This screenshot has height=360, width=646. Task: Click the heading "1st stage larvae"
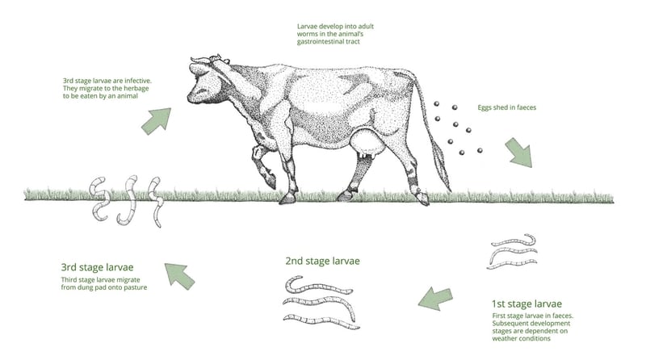(532, 304)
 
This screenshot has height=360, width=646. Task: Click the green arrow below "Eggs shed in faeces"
(518, 150)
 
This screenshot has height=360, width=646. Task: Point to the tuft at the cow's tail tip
(443, 165)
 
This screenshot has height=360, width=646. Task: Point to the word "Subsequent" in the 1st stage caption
(512, 322)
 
